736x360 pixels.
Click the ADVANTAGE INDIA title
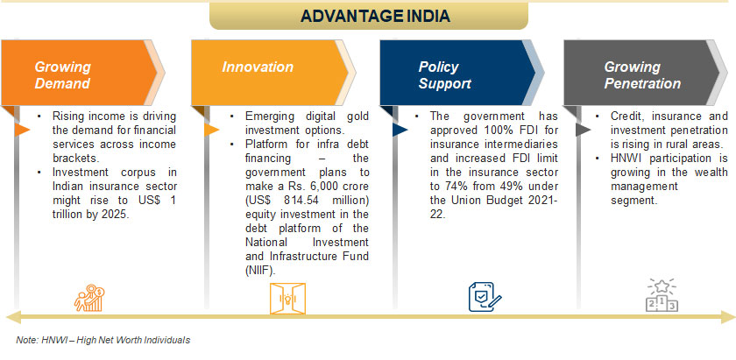point(375,16)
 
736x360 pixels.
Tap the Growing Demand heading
point(62,75)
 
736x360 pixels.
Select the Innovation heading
point(258,67)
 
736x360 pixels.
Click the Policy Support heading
point(444,75)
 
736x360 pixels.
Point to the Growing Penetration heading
point(642,75)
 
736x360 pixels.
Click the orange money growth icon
point(89,298)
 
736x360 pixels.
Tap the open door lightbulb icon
point(287,298)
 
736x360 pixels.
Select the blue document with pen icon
point(485,297)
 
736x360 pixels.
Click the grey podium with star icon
point(662,295)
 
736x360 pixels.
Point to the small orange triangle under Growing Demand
point(22,130)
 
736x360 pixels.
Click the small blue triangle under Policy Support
point(400,130)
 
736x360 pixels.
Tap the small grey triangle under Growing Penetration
point(583,130)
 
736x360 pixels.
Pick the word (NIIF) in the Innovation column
point(260,271)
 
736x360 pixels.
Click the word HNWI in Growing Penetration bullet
point(623,159)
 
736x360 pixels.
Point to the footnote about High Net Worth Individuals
point(103,340)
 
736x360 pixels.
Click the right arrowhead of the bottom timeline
point(727,317)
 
